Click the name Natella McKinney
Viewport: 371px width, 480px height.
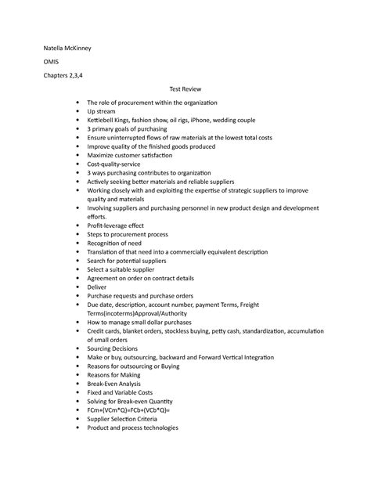[67, 48]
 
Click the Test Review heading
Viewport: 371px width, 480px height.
[185, 90]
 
